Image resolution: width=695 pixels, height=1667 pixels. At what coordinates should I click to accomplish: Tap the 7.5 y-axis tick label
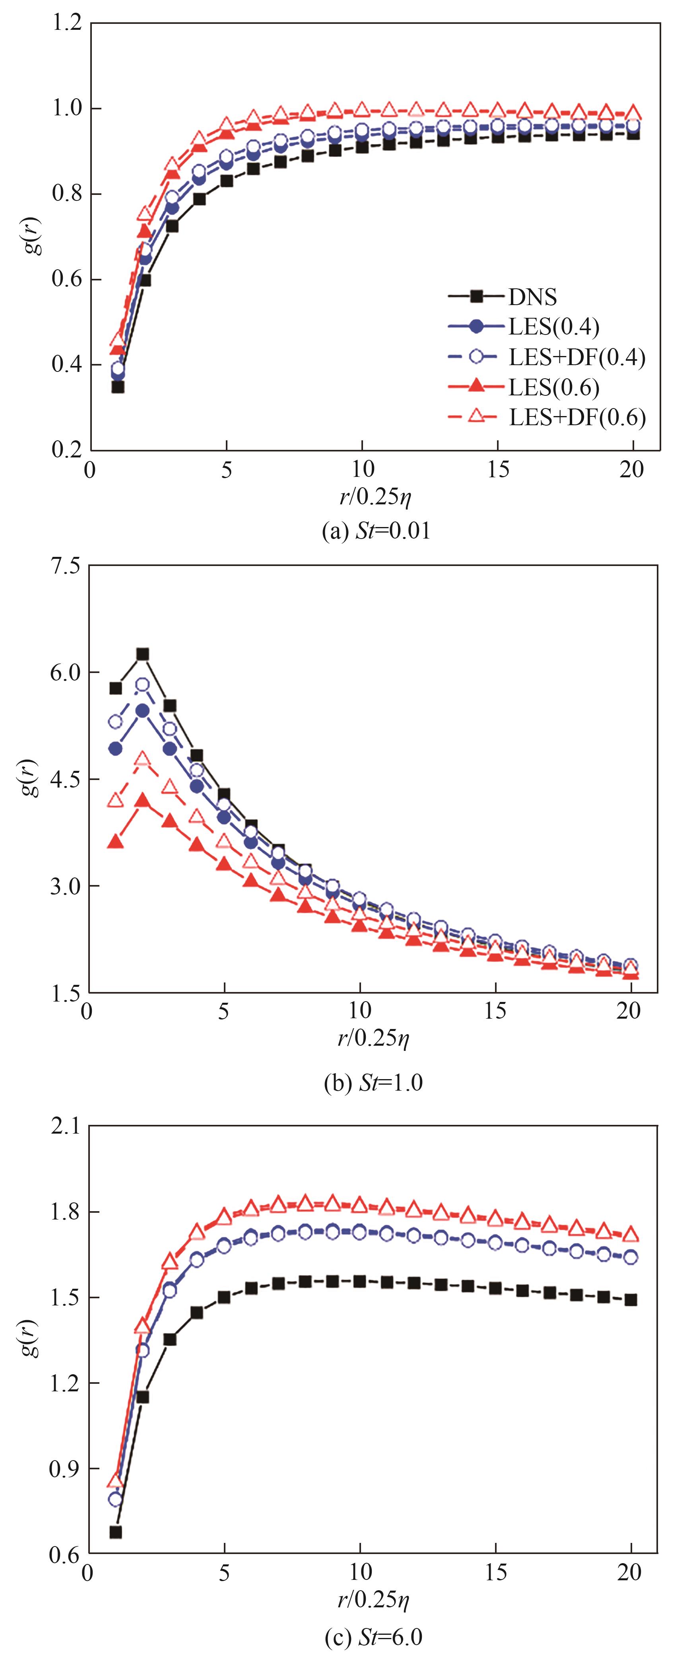(65, 566)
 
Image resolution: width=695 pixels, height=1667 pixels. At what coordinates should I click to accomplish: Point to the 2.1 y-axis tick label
(65, 1127)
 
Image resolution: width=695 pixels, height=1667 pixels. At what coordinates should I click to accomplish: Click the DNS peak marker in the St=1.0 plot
(142, 654)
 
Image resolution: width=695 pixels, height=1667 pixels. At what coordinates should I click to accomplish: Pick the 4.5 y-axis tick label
(65, 779)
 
